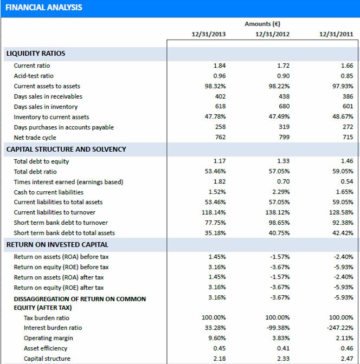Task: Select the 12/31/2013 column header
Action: tap(209, 34)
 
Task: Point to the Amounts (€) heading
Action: tap(262, 24)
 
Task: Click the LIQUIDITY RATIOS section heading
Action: tap(36, 54)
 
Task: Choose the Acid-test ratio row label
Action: tap(34, 76)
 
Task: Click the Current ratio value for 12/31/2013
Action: tap(220, 66)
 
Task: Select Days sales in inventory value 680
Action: tap(283, 107)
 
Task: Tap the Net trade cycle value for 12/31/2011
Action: tap(347, 138)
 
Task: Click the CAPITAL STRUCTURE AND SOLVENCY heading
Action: tap(66, 149)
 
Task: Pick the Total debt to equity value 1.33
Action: tap(283, 161)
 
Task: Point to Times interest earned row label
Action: tap(68, 182)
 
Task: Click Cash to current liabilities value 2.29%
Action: tap(280, 192)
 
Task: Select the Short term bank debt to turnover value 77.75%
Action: tap(217, 223)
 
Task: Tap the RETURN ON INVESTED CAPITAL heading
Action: tap(57, 245)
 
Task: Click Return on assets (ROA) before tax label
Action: tap(61, 257)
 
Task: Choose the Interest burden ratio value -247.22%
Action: tap(341, 328)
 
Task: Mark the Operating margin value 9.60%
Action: tap(217, 338)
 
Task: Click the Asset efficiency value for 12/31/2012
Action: tap(283, 348)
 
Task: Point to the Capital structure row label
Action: tap(47, 359)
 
